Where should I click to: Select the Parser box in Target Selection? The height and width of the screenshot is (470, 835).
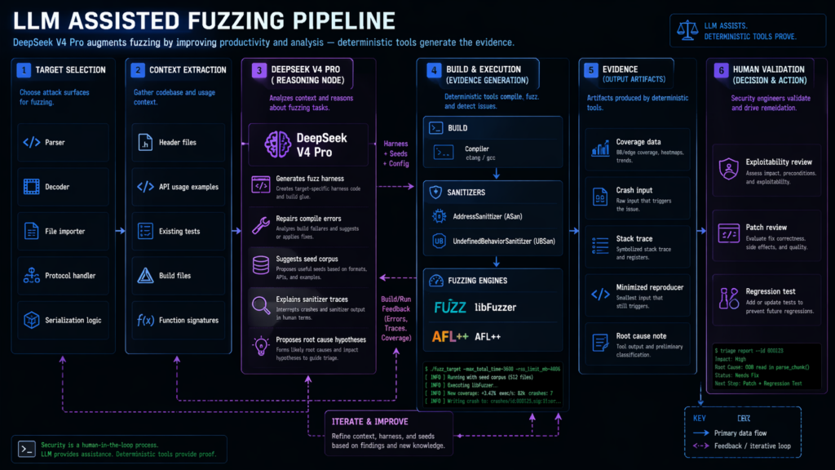click(x=63, y=143)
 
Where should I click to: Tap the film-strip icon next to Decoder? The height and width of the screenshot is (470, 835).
click(x=31, y=187)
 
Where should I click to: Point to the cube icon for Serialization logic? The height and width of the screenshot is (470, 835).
click(x=31, y=320)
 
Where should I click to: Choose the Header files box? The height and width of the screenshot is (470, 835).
click(x=175, y=143)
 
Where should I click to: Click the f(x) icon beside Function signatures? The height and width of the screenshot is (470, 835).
click(x=145, y=320)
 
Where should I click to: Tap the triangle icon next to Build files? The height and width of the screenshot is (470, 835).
click(x=145, y=276)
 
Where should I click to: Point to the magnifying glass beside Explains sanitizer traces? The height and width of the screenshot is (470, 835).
click(x=261, y=304)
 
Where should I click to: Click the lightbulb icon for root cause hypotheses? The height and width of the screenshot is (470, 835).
click(x=261, y=344)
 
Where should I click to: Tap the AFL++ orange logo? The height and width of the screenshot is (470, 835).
click(x=449, y=336)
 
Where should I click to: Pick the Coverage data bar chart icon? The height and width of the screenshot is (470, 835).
click(x=602, y=149)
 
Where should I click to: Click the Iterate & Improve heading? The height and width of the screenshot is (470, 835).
click(x=369, y=421)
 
